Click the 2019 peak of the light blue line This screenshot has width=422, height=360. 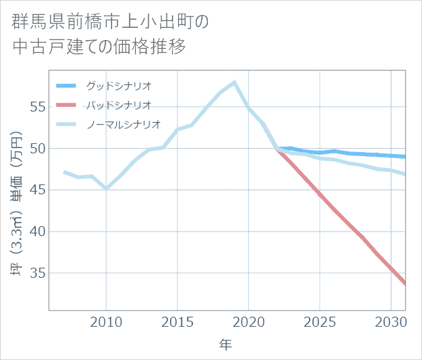tap(234, 82)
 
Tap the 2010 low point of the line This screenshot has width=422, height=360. tap(106, 188)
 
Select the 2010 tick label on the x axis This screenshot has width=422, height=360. tap(106, 321)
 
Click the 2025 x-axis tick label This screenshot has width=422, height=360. tap(320, 321)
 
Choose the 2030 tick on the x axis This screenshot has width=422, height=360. tap(391, 321)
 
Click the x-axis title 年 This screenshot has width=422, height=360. tap(226, 345)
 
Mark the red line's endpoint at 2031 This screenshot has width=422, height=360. tap(406, 284)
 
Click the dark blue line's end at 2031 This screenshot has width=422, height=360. tap(406, 157)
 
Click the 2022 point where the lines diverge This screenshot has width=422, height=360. tap(277, 148)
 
